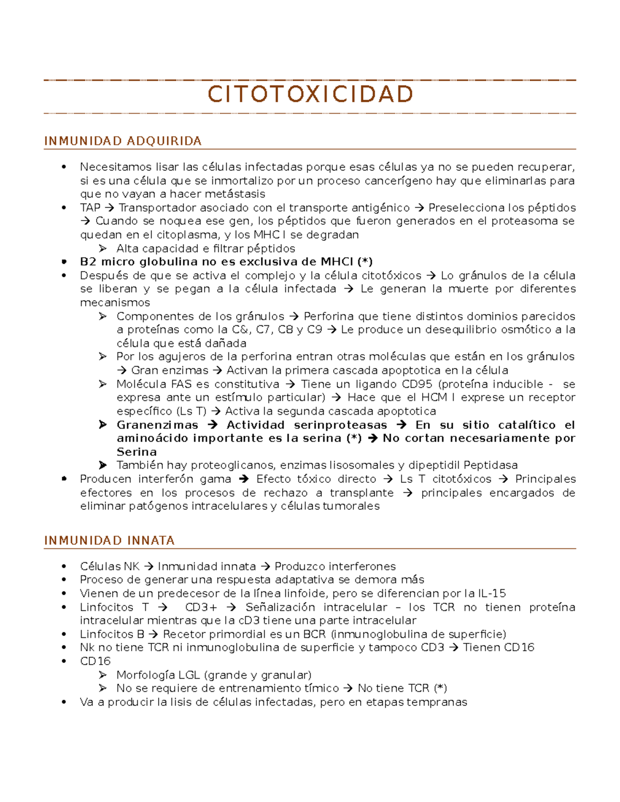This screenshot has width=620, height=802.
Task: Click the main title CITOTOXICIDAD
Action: pyautogui.click(x=310, y=95)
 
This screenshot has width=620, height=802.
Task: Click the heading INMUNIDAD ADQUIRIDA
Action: pyautogui.click(x=122, y=141)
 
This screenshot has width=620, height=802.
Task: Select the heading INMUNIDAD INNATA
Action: pyautogui.click(x=109, y=540)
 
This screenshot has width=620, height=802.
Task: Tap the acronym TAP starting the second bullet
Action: pyautogui.click(x=90, y=208)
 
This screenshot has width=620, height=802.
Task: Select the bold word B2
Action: pyautogui.click(x=88, y=262)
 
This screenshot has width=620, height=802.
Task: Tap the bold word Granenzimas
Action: pyautogui.click(x=157, y=425)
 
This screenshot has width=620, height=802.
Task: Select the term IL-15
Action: pyautogui.click(x=491, y=593)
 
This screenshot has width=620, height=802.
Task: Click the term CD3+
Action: pyautogui.click(x=201, y=607)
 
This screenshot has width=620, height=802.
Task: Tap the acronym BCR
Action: pyautogui.click(x=314, y=634)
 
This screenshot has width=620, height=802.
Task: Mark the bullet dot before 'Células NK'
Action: pyautogui.click(x=64, y=567)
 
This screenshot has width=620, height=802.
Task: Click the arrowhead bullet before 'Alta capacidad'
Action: pyautogui.click(x=103, y=248)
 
